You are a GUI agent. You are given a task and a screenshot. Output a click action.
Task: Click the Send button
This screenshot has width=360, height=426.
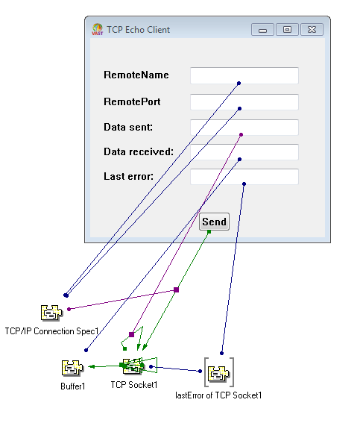click(x=214, y=222)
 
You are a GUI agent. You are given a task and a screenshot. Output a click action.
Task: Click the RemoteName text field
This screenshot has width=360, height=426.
click(x=244, y=75)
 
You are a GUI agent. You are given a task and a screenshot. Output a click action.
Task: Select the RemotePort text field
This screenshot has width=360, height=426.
click(x=244, y=102)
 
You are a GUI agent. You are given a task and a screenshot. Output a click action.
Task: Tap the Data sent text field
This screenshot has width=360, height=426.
click(x=244, y=128)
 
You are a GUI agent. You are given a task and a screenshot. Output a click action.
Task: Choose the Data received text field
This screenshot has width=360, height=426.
click(x=244, y=152)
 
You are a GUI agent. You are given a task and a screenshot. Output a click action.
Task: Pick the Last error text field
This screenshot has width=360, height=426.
click(x=244, y=177)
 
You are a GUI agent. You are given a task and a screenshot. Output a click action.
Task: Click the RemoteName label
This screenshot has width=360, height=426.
click(x=136, y=75)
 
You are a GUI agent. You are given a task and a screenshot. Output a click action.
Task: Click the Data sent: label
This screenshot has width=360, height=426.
click(x=128, y=128)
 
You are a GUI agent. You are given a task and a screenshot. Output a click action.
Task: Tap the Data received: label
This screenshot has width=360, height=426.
click(x=139, y=152)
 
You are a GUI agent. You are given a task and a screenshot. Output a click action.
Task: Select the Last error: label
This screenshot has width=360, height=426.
click(x=129, y=177)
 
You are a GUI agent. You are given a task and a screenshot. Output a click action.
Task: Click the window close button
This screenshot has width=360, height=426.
click(x=312, y=30)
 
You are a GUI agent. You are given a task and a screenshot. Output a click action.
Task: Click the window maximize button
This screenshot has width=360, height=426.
click(x=287, y=30)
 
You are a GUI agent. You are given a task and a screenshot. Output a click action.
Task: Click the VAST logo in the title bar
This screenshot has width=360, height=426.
click(x=97, y=30)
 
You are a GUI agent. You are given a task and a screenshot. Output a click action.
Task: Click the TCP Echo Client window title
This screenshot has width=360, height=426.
click(x=138, y=30)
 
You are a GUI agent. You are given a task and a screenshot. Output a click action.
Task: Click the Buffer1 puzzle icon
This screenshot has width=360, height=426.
click(x=72, y=368)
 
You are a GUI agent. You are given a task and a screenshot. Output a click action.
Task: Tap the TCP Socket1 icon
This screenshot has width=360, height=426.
click(x=133, y=366)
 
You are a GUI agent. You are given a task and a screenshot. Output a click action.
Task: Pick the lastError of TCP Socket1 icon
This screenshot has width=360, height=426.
click(x=218, y=372)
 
